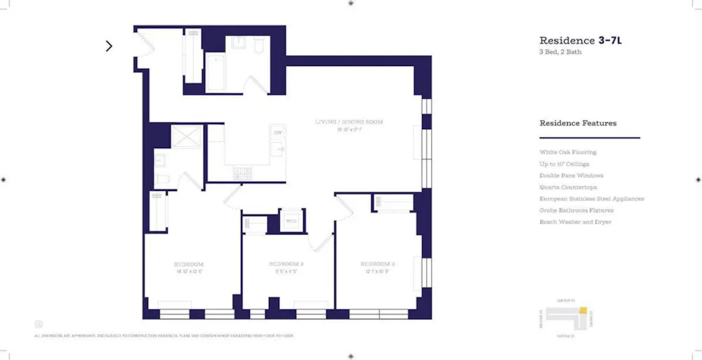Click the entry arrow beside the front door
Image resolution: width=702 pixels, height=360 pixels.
pos(109,46)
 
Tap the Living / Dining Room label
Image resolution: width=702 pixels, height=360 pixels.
pos(349,122)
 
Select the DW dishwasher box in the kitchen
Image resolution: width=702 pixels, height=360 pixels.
pos(278,132)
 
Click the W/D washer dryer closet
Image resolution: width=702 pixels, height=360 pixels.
pos(291,221)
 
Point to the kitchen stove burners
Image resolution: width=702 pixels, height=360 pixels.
pos(241,172)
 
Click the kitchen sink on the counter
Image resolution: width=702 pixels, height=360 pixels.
pos(279,149)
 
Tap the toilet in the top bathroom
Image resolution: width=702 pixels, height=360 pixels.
pos(256,46)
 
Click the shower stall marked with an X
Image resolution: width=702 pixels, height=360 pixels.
pos(186,136)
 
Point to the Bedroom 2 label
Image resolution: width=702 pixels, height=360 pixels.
pos(286,264)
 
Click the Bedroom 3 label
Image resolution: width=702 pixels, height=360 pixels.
pos(378,264)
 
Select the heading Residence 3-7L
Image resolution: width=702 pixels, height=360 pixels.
pos(580,41)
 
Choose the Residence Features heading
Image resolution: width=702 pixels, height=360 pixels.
pos(578,124)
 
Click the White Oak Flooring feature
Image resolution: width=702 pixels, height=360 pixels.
pos(567,152)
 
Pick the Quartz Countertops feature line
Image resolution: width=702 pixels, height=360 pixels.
pos(568,187)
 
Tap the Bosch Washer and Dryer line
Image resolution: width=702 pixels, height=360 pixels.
pos(575,222)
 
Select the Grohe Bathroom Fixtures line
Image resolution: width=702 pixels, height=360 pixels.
pos(576,210)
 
